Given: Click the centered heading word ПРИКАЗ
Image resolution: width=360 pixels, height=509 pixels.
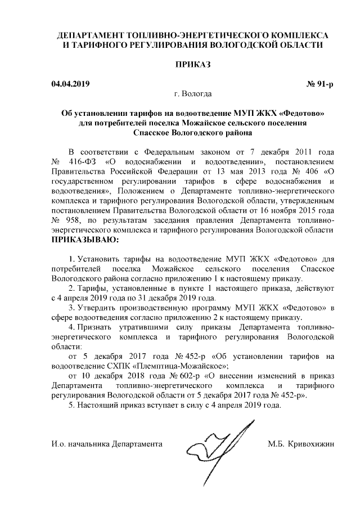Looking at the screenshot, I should coord(193,65).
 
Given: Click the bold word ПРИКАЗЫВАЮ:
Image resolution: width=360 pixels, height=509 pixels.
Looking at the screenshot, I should coord(85,240).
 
